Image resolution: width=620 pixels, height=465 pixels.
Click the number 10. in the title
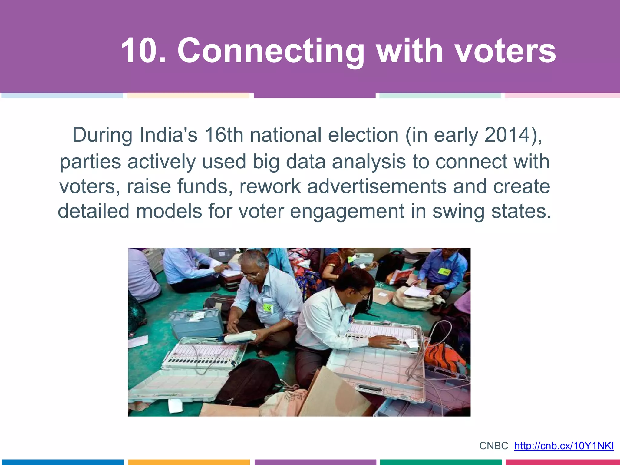click(x=143, y=51)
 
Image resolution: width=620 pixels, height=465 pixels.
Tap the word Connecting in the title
click(x=271, y=51)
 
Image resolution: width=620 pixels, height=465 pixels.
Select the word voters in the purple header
click(x=505, y=51)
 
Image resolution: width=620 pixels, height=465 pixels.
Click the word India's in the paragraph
click(x=168, y=135)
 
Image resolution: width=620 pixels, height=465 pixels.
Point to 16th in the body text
click(x=223, y=135)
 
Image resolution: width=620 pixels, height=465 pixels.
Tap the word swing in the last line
click(x=458, y=211)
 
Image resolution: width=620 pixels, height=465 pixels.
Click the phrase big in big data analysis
click(x=266, y=162)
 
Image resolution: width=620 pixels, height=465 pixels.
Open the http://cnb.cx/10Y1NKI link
click(x=564, y=446)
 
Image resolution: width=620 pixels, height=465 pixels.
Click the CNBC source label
click(x=493, y=446)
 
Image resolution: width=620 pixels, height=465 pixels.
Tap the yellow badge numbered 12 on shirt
click(x=268, y=308)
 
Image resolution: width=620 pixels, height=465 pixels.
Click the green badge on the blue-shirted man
click(x=444, y=272)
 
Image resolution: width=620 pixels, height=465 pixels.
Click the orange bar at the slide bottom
click(x=189, y=462)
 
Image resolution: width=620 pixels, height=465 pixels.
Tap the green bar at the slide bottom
click(x=441, y=462)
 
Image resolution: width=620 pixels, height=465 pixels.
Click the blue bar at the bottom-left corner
click(x=62, y=462)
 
